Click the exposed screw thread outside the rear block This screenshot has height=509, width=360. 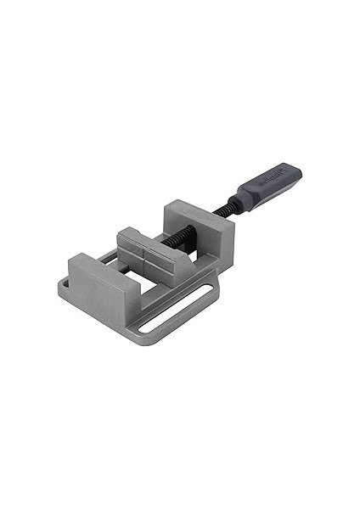pos(223,208)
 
